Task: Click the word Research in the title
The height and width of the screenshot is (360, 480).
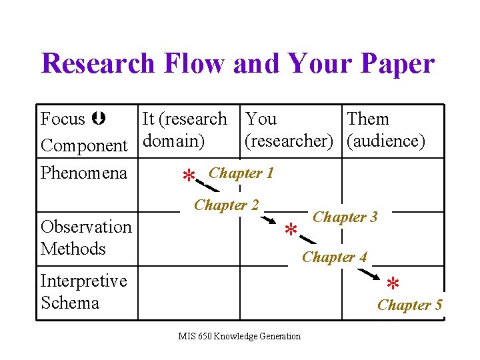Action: point(97,64)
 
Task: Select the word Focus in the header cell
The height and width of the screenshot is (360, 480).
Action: point(63,119)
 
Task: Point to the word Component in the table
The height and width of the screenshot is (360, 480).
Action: point(84,145)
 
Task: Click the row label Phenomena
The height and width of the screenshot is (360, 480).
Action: point(84,173)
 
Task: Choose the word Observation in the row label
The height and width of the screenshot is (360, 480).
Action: point(86,227)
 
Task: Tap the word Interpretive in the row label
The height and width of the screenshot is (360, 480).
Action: point(83,281)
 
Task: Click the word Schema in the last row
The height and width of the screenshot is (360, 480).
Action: point(70,303)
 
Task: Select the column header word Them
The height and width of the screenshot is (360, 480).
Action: point(368,119)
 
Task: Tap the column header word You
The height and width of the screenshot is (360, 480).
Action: point(261,119)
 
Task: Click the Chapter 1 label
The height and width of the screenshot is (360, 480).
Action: point(241,173)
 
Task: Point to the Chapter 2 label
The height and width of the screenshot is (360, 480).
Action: point(226,205)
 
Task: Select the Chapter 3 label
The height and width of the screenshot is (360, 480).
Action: point(345,217)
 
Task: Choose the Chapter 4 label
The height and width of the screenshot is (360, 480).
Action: point(335,257)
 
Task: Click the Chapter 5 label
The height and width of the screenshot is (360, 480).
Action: point(410,305)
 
